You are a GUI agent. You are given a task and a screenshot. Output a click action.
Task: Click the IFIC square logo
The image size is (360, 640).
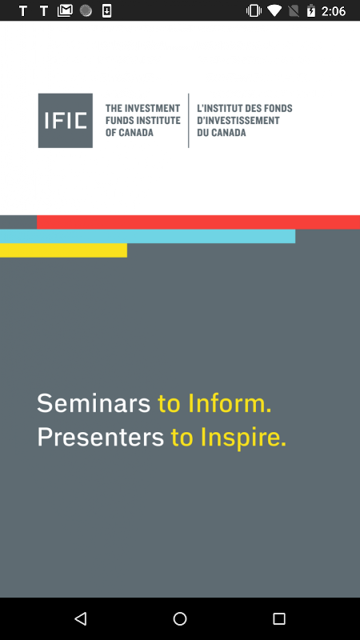point(66,121)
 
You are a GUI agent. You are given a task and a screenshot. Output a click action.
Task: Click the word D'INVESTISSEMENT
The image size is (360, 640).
point(238,121)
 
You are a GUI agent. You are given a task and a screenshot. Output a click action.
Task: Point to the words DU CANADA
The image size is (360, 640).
point(222,133)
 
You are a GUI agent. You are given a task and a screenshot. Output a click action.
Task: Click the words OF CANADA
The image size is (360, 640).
point(130,133)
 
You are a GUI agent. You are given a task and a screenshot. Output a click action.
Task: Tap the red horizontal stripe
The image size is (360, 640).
point(198,222)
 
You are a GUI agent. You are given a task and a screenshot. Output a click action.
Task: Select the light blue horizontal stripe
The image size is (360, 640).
point(147,236)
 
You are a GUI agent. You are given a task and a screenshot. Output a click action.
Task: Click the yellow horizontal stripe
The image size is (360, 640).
point(63,250)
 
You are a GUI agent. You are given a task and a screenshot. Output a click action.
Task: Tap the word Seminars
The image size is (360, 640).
point(94,403)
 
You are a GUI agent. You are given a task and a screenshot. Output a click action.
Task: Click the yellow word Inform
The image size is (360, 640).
point(230,403)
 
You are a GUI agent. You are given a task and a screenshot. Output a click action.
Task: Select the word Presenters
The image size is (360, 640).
point(101,437)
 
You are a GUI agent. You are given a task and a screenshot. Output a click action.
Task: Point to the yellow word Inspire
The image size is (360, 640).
point(243,438)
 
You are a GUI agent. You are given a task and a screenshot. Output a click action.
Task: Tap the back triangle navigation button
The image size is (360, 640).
point(81,618)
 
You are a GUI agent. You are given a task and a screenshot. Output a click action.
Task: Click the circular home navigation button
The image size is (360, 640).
point(180,618)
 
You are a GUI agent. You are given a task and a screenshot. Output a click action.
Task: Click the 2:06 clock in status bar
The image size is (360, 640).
point(334,11)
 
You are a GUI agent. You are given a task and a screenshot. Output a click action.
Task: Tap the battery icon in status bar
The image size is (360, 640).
point(311,10)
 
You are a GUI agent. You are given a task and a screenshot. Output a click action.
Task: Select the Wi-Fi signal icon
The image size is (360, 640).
point(274,10)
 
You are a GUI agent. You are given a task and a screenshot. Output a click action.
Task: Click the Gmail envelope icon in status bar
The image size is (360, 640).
point(65,10)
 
